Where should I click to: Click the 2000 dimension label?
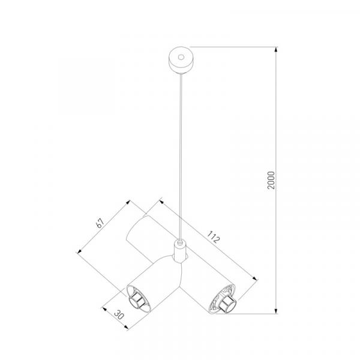(x=271, y=180)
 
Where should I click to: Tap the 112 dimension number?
(x=214, y=237)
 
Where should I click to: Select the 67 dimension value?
(x=100, y=223)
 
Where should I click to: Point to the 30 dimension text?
(x=119, y=315)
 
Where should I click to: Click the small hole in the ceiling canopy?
(x=181, y=57)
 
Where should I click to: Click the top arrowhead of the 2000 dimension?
(x=276, y=50)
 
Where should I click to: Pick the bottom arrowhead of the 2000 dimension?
(x=276, y=311)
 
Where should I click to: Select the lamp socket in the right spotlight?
(x=227, y=303)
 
